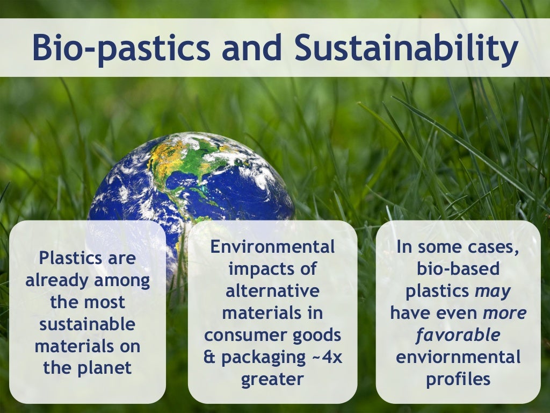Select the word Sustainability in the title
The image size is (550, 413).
coord(407,48)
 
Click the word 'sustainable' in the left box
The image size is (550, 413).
coord(88,325)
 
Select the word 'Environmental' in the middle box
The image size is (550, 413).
coord(272,247)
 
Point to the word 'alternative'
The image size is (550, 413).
coord(272,291)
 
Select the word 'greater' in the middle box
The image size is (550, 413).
coord(272,379)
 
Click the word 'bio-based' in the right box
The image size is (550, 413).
coord(458,269)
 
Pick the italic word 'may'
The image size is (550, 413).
coord(493,291)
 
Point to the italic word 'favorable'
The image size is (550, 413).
coord(458,335)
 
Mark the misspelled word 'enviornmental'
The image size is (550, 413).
coord(458,357)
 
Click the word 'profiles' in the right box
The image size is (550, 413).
coord(458,379)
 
